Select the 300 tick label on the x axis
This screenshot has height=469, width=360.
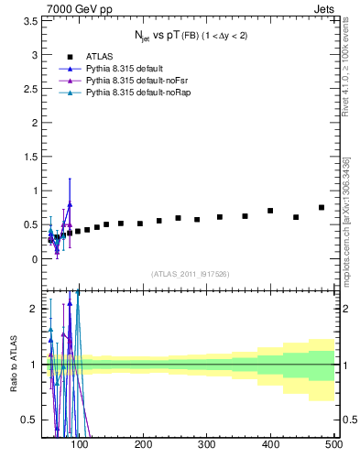coord(207,444)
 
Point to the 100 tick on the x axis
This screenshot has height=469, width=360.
coord(81,444)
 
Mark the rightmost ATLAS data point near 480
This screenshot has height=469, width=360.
coord(321,207)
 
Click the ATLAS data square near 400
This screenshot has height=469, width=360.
coord(270,211)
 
